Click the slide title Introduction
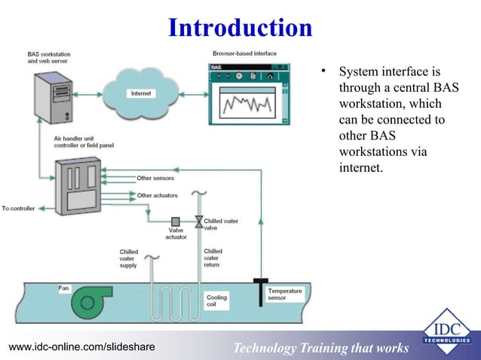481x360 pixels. [240, 28]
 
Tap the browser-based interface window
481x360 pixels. [250, 94]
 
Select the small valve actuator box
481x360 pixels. [176, 221]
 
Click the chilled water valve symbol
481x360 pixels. [198, 221]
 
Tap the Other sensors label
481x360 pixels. [155, 178]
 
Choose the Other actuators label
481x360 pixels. [157, 196]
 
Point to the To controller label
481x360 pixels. [21, 208]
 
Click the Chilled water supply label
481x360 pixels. [129, 258]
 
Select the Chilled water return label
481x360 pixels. [213, 258]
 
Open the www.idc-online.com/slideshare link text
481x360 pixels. [81, 346]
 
